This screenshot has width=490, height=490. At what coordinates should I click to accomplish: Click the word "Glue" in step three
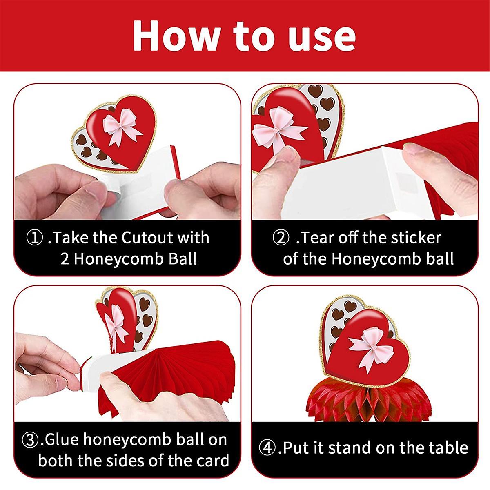[61, 440]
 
